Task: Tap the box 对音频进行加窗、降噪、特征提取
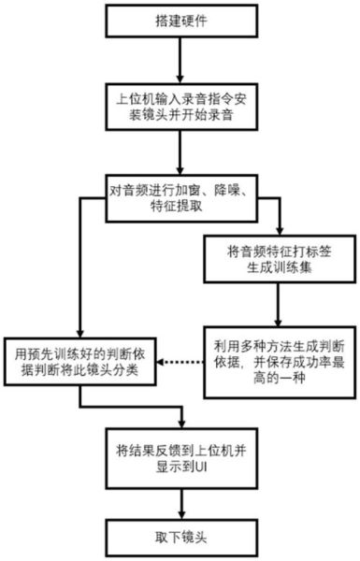click(x=178, y=200)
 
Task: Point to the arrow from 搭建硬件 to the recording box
click(x=178, y=64)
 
